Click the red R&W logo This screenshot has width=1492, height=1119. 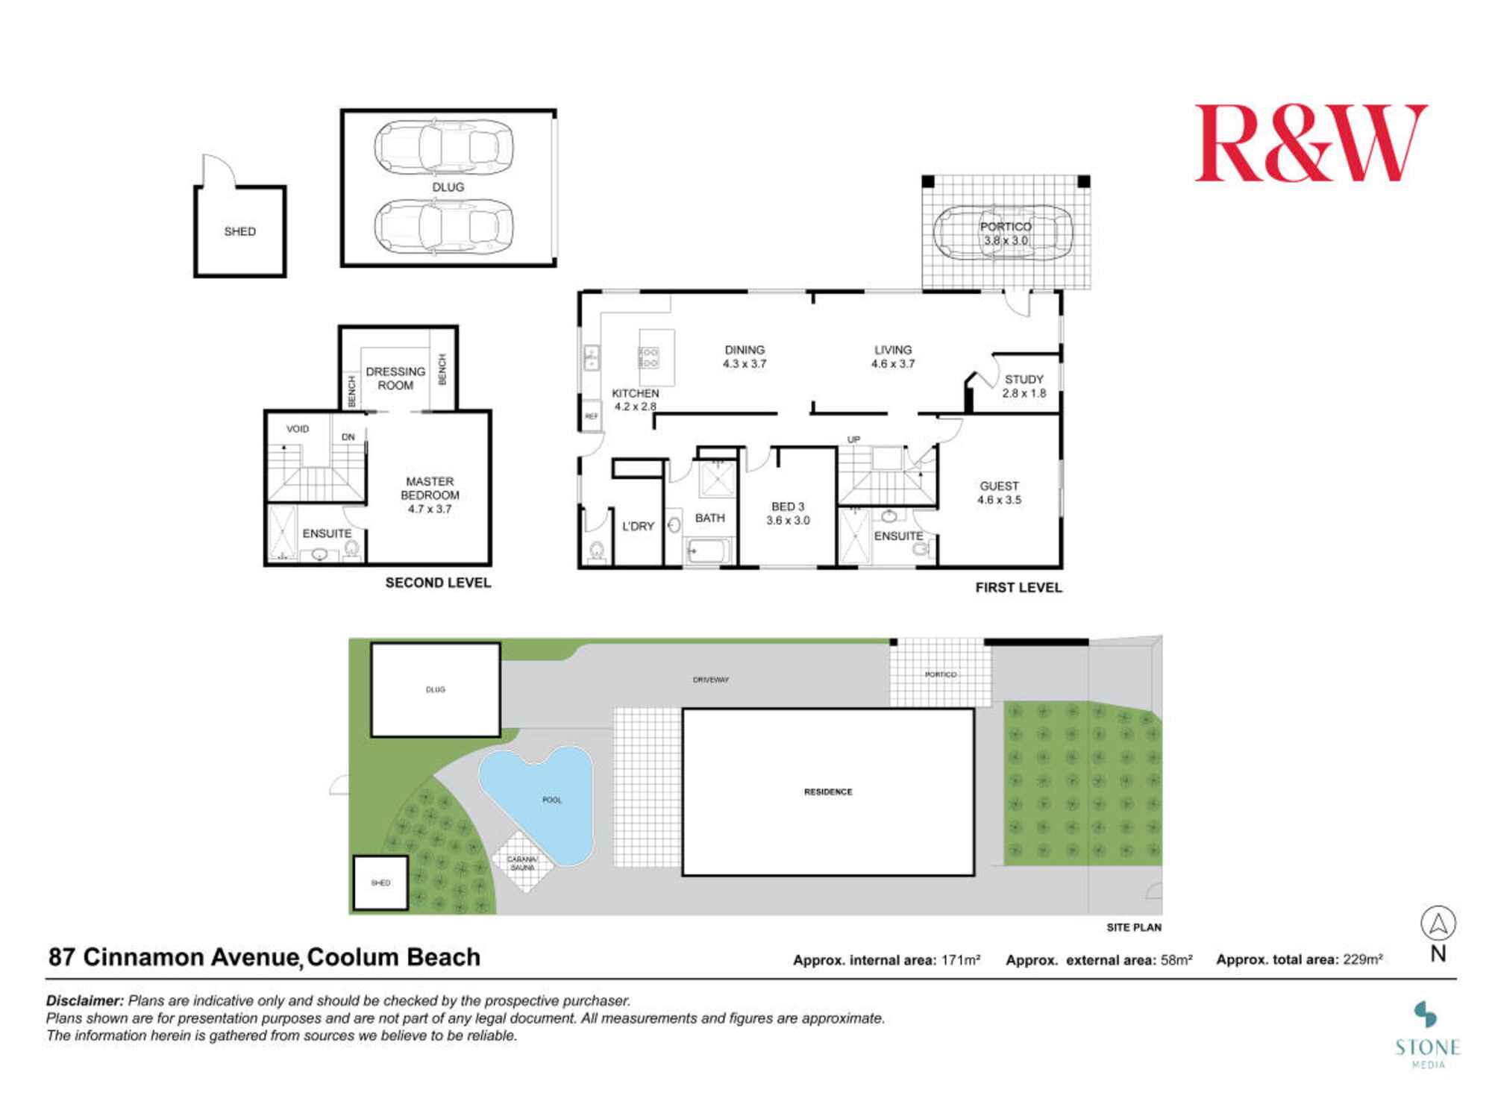(1310, 143)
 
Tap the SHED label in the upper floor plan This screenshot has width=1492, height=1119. (239, 231)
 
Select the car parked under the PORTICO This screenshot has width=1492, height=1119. (1003, 232)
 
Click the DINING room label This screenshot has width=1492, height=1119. (745, 357)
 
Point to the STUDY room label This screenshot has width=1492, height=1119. (1024, 386)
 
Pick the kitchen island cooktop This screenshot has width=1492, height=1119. (648, 357)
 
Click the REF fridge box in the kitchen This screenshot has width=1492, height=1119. (591, 416)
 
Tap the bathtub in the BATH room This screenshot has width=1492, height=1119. (708, 551)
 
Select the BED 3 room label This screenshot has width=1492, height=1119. (788, 513)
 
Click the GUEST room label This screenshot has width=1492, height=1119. (999, 492)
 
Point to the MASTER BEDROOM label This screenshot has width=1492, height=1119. (430, 495)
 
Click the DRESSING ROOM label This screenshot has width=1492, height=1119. (395, 378)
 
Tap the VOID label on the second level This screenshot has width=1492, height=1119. (298, 429)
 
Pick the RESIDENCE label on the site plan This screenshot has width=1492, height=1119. (828, 792)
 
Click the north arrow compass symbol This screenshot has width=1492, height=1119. (1438, 924)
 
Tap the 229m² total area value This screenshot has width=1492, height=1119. (1363, 960)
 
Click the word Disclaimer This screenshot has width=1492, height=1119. (84, 1000)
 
